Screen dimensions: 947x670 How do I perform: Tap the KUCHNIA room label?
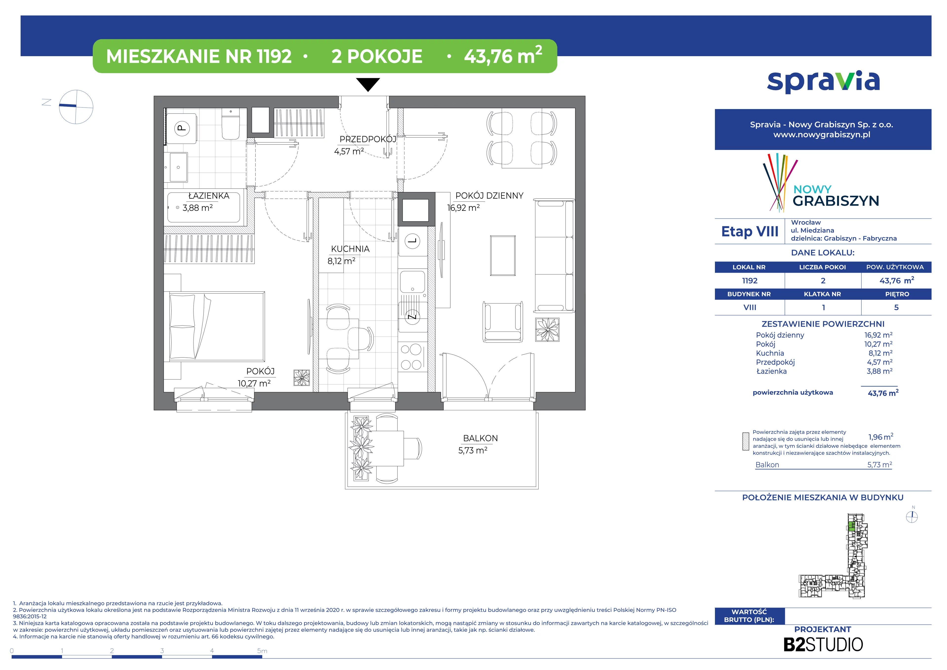pos(350,249)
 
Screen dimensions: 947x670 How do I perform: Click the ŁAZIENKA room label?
pos(209,196)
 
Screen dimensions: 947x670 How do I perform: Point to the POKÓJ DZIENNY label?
pos(489,196)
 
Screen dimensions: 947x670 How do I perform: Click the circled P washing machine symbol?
pos(182,128)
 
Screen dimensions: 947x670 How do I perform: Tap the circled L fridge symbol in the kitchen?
pos(412,241)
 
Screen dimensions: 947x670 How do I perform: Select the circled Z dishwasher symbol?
pos(412,317)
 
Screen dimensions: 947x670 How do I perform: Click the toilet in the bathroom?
pos(231,124)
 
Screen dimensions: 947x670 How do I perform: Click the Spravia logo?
pos(823,82)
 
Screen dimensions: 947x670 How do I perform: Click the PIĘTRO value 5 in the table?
pos(896,308)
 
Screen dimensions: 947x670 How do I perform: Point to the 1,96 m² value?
pos(881,437)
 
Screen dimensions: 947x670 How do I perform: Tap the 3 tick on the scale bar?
pos(162,650)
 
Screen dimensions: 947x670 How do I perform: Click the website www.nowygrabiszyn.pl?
pos(822,135)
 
